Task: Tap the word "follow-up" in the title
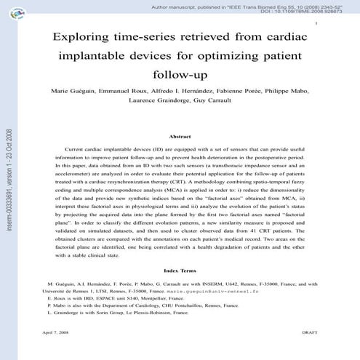pos(180,74)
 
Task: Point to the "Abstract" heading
pos(180,136)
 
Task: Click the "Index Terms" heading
pos(180,269)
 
